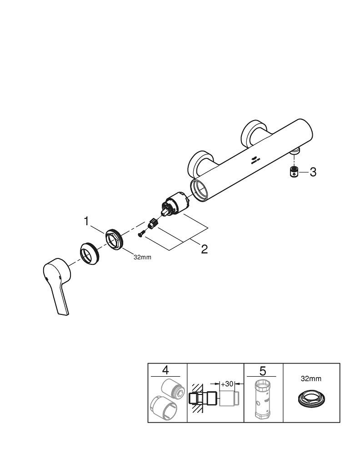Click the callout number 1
pos(86,222)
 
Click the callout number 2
pos(204,249)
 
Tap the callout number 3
pos(312,172)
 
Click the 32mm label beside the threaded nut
pos(142,257)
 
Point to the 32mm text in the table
pos(311,378)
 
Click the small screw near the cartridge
pos(141,234)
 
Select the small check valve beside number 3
pos(294,172)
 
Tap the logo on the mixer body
pos(255,159)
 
